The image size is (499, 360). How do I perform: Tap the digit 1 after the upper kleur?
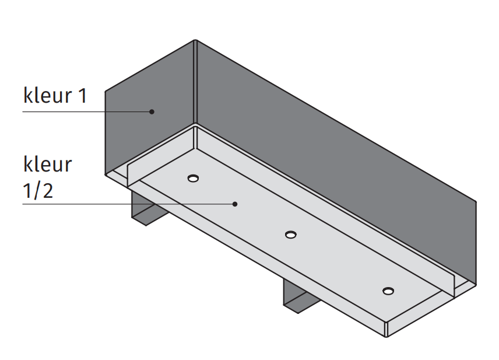[x=82, y=95]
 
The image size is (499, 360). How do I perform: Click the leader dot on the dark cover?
[x=151, y=111]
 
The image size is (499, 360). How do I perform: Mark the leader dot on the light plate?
[x=235, y=204]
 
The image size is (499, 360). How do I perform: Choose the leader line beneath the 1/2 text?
[x=117, y=204]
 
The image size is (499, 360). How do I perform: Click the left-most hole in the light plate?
[x=193, y=178]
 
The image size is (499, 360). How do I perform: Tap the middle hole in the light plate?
[x=290, y=235]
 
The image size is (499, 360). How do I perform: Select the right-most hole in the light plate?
[x=388, y=291]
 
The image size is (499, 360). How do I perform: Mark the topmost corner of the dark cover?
[x=195, y=40]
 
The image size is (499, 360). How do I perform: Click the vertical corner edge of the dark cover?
[x=195, y=82]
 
